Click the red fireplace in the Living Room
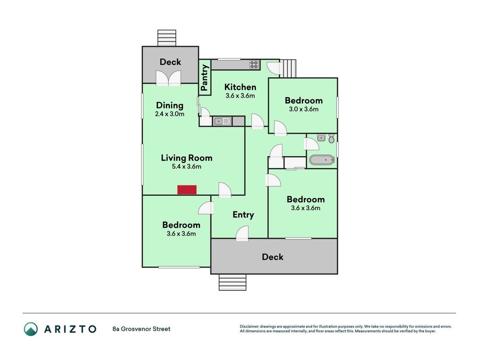coord(187,190)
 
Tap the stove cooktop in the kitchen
coord(254,65)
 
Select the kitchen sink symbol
coord(222,121)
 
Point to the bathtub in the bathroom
coord(322,160)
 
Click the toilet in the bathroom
coord(331,138)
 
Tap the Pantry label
coord(204,78)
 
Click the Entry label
coord(243,215)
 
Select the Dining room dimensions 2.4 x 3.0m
coord(170,114)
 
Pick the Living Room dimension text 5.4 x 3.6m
coord(186,167)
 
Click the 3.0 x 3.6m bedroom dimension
coord(304,109)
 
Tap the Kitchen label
coord(240,87)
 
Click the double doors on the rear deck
coord(168,78)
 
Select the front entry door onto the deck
coord(242,233)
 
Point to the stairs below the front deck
coord(232,282)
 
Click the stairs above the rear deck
coord(167,38)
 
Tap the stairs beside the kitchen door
coord(289,68)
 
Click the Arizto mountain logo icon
coord(31,329)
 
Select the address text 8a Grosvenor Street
coord(141,329)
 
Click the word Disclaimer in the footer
coord(250,327)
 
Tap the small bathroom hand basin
coord(321,138)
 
